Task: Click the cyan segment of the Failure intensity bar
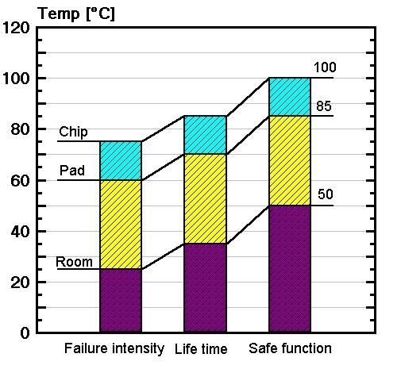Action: tap(120, 160)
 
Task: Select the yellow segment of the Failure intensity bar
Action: tap(120, 225)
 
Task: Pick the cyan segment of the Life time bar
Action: tap(205, 135)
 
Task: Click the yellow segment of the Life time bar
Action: tap(205, 198)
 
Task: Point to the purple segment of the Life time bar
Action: tap(205, 287)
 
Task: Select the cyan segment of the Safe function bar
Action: tap(290, 97)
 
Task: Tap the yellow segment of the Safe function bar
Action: tap(290, 160)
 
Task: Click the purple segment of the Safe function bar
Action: tap(290, 268)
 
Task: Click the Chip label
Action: tap(73, 132)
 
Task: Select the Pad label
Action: tap(71, 171)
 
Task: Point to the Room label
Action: tap(74, 262)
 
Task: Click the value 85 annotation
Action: tap(324, 105)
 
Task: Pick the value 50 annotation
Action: tap(325, 194)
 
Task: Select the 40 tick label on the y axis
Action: tap(21, 231)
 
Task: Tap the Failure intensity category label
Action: tap(114, 348)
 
